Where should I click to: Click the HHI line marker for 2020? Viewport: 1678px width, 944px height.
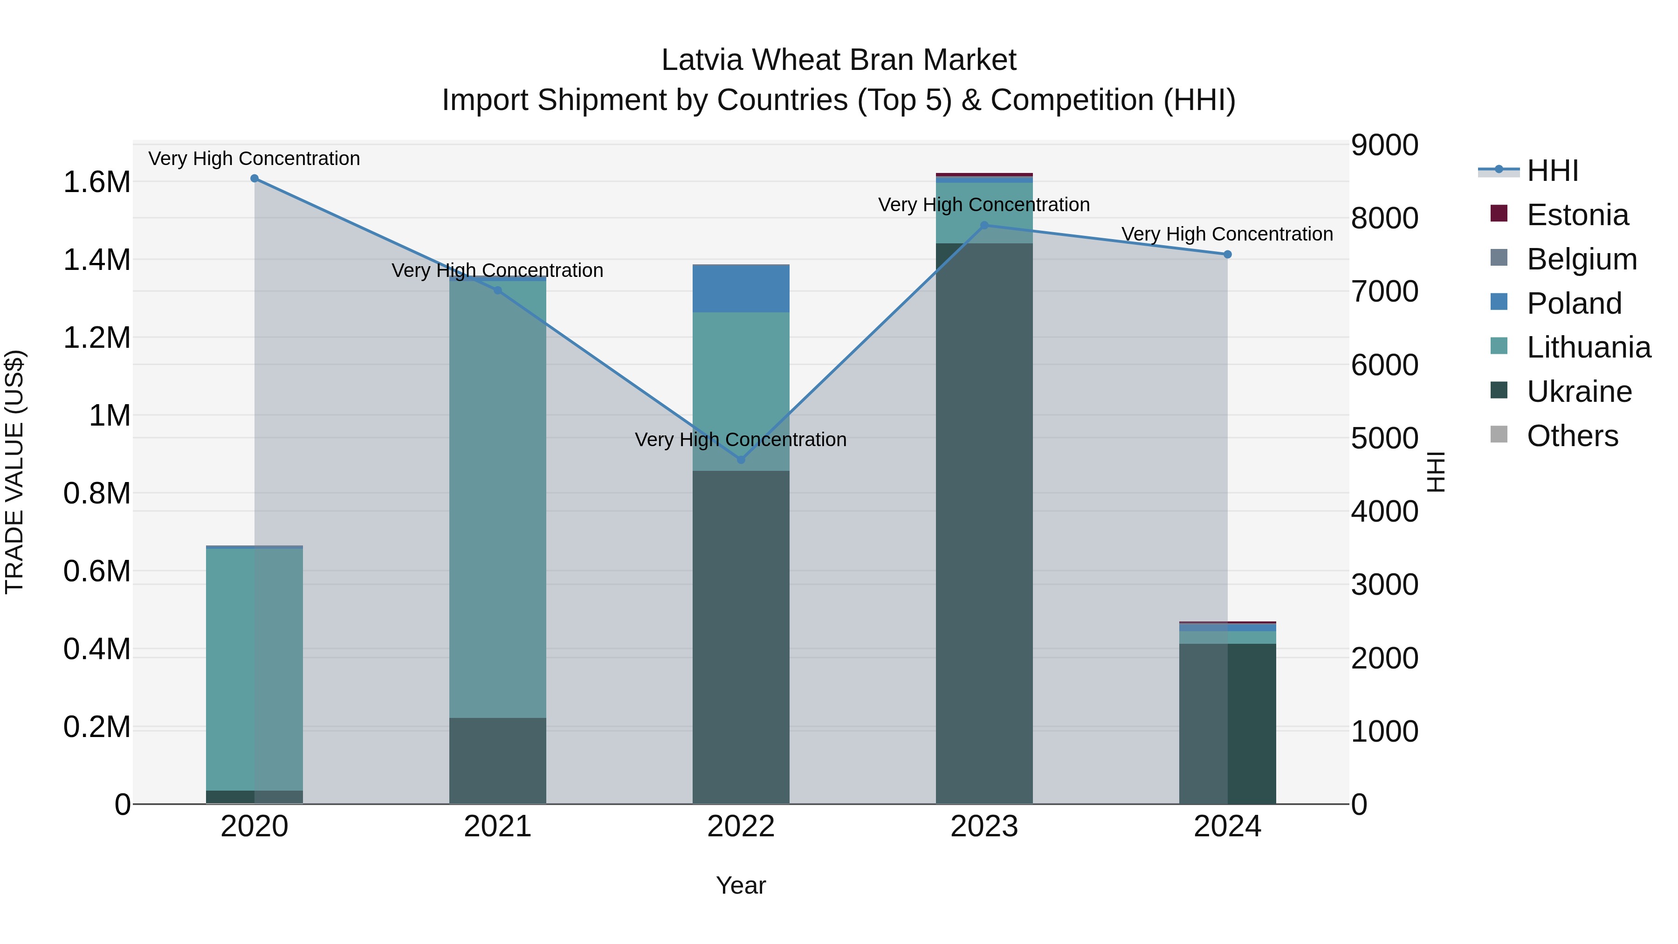[x=254, y=179]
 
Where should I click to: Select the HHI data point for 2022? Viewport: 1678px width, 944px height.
[x=741, y=460]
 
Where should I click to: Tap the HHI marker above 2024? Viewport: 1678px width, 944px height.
[x=1227, y=255]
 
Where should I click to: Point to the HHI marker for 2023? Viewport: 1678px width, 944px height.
[x=984, y=226]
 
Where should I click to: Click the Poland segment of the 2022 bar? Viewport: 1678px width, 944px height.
[x=741, y=289]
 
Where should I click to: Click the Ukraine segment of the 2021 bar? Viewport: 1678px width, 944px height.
[x=498, y=760]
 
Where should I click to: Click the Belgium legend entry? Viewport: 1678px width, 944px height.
[x=1581, y=259]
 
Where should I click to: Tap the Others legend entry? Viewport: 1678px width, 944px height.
[x=1572, y=436]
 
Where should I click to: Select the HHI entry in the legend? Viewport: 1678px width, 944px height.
[x=1552, y=171]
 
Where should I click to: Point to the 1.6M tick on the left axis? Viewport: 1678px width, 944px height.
[x=97, y=182]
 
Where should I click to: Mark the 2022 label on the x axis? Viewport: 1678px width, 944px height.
[x=741, y=827]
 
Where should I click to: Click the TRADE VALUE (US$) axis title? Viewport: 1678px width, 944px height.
[x=14, y=472]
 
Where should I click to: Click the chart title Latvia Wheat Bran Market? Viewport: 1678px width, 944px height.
[x=839, y=60]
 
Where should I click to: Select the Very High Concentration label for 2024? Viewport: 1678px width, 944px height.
[x=1227, y=234]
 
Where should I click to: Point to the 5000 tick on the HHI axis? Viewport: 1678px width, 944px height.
[x=1384, y=439]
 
